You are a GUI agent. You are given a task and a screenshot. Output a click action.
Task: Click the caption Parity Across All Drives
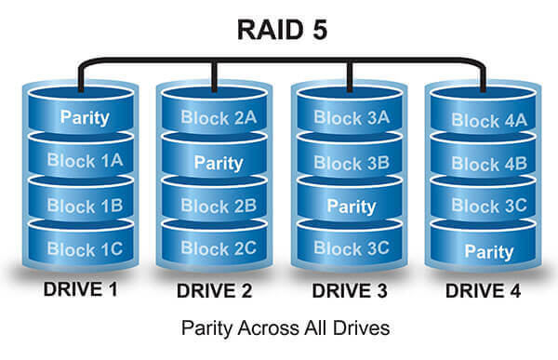click(279, 329)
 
